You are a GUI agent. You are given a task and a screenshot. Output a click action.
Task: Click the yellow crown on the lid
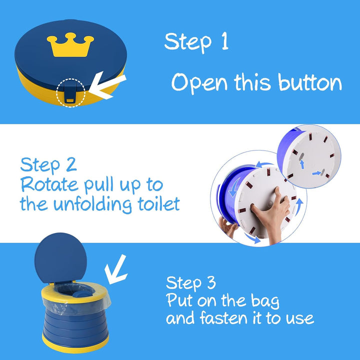tap(70, 45)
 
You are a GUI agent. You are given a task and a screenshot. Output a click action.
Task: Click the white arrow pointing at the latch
tap(107, 85)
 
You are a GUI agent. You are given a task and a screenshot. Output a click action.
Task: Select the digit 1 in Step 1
tap(225, 41)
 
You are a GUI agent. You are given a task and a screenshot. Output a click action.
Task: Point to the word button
tap(310, 81)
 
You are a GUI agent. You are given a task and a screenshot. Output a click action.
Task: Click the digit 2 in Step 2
tap(71, 164)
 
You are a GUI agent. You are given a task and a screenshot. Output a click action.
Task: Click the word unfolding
tap(93, 205)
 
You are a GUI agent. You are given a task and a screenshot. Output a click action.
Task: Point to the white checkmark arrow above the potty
tap(116, 269)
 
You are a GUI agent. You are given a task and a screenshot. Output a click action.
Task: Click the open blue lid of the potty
tap(60, 258)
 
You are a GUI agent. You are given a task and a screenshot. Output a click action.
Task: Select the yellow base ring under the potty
tap(75, 346)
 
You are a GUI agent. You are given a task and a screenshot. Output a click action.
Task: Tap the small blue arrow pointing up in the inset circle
tap(302, 164)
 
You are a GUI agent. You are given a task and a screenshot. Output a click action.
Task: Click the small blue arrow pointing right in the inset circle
tap(317, 173)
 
